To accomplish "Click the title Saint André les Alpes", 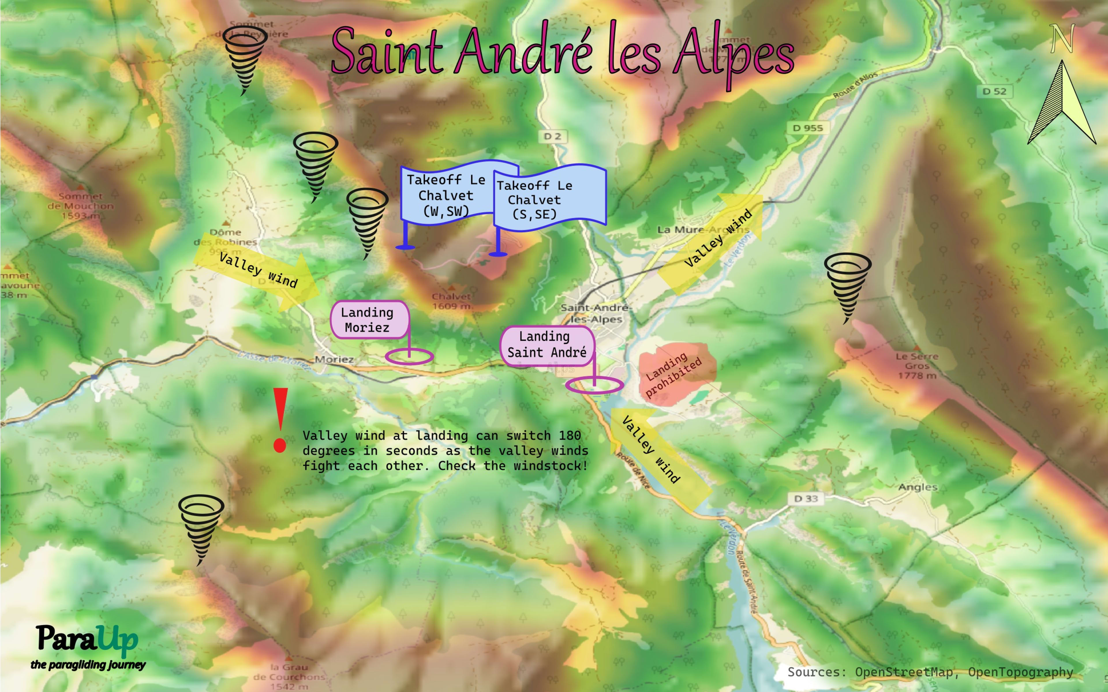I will (562, 51).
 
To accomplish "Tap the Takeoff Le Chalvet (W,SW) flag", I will (446, 194).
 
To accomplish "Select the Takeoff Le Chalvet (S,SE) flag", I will (549, 199).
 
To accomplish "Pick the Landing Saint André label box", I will (547, 345).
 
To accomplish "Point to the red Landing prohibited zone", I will (675, 373).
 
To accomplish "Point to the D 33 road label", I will (806, 498).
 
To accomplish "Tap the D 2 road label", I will (552, 136).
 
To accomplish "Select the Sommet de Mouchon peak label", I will (81, 205).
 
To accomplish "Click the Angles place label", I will (917, 487).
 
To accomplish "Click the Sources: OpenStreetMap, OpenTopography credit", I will (929, 672).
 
